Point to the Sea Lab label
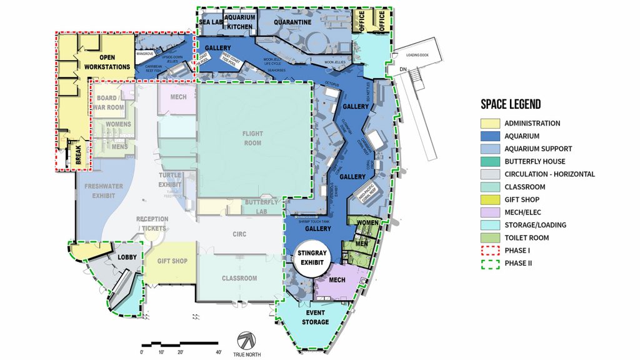[x=211, y=22]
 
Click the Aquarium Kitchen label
[x=239, y=22]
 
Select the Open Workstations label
[x=106, y=62]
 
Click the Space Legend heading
[x=511, y=104]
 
